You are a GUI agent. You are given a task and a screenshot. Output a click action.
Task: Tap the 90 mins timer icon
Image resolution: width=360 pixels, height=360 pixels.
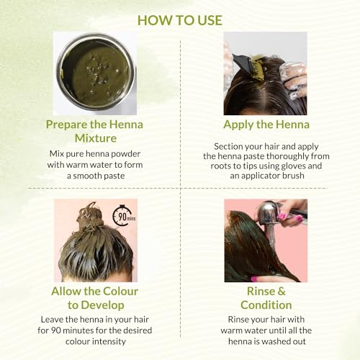[125, 216]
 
